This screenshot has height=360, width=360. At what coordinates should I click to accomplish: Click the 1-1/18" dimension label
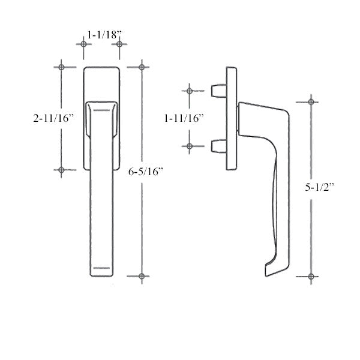tap(101, 35)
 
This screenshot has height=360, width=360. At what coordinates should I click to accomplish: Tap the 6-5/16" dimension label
tap(146, 172)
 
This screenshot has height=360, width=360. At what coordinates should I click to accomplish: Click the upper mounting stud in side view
tap(218, 91)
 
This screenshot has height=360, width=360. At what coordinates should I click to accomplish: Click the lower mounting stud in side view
tap(218, 146)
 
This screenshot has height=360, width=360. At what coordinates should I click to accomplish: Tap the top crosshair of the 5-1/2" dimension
tap(310, 101)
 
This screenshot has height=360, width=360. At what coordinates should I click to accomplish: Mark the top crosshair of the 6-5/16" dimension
tap(142, 66)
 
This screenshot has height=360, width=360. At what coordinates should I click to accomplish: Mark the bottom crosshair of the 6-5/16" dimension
tap(142, 277)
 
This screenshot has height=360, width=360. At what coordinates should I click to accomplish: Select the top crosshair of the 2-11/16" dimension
tap(61, 67)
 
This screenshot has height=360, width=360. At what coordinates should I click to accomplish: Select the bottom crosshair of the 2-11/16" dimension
tap(61, 170)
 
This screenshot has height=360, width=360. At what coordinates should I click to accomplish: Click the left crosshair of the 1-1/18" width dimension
tap(83, 44)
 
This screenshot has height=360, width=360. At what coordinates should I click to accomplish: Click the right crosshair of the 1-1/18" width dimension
tap(119, 44)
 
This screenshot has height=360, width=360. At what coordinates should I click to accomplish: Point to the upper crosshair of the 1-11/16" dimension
tap(189, 91)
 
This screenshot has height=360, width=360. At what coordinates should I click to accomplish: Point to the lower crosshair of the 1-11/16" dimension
tap(189, 146)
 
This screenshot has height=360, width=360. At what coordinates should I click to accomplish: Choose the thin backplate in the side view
tap(232, 118)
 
